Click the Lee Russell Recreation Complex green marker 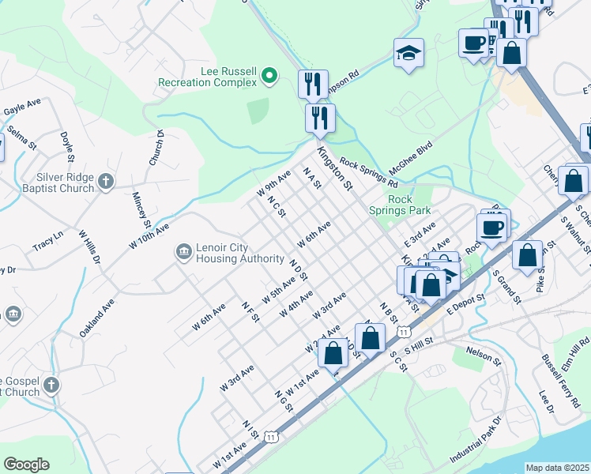point(269,76)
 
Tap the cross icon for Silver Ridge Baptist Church point(107,183)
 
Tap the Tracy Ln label point(47,241)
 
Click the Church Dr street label point(156,148)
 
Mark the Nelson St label point(484,355)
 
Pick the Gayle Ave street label point(22,107)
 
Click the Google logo point(26,465)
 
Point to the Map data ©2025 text point(557,468)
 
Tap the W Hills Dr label point(89,247)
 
